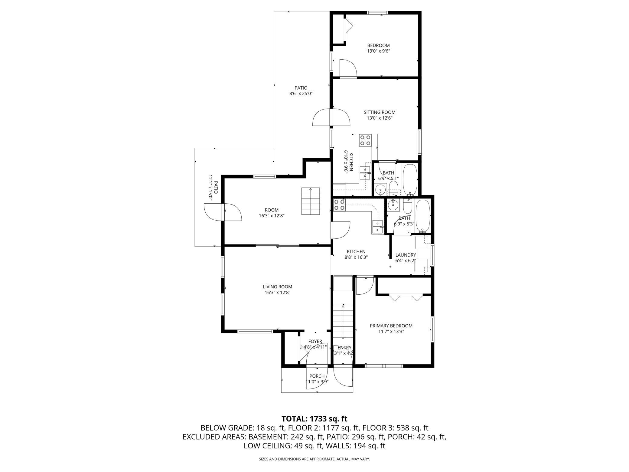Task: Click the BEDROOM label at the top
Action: point(378,45)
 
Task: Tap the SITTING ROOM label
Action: point(380,112)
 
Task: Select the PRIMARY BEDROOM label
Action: point(391,326)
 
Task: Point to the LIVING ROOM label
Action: point(277,287)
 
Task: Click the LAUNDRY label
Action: point(406,255)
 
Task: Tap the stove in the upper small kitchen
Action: point(365,140)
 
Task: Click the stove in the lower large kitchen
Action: point(339,205)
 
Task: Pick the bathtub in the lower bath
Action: point(422,216)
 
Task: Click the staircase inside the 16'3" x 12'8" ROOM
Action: point(311,201)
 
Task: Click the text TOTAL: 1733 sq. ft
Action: point(314,419)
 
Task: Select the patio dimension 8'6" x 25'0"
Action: point(301,93)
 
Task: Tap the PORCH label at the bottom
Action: point(317,376)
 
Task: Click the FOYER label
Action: point(315,341)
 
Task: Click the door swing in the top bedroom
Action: point(348,68)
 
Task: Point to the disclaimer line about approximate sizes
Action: point(314,459)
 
